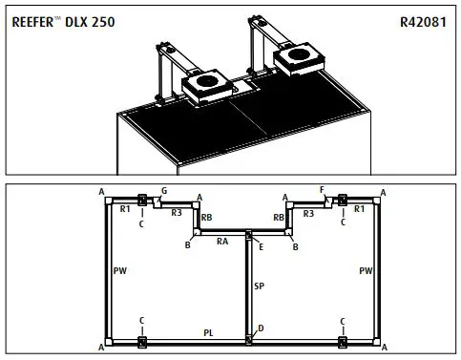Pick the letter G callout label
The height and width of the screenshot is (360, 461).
pos(164,191)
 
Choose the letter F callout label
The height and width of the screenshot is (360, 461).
pos(323,191)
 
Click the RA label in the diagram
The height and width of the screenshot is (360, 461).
pos(221,242)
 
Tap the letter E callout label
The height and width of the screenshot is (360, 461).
pos(260,246)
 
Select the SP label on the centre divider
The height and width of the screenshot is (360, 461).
pos(259,286)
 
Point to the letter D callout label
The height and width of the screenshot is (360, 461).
pos(261,328)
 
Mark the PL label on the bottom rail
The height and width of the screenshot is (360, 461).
pos(208,331)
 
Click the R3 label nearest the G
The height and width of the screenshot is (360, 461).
pos(177,213)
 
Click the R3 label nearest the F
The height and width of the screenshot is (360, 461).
pos(307,213)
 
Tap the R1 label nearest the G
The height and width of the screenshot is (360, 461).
pos(124,208)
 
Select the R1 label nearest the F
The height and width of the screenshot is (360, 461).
pos(359,208)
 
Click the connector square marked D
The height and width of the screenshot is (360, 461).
pos(248,338)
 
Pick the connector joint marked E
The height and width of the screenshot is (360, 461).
pos(248,234)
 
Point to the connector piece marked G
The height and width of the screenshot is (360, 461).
pos(157,201)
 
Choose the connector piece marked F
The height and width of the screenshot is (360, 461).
pos(327,201)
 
